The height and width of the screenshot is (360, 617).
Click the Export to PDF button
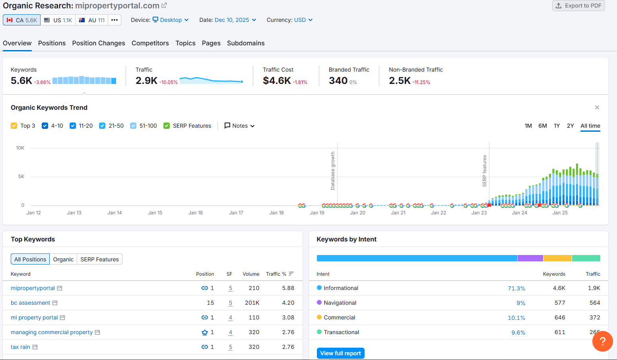point(578,6)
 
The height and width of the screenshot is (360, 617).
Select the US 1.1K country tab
point(58,20)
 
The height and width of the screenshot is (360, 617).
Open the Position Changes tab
point(99,43)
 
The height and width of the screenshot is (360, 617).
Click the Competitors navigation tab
point(150,43)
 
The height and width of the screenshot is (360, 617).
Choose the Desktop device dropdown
point(171,20)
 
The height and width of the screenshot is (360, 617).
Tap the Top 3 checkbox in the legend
point(14,126)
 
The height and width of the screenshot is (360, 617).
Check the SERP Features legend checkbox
point(167,126)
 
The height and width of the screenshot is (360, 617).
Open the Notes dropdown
point(240,126)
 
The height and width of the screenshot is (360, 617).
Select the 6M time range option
point(543,126)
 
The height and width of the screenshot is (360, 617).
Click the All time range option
point(590,126)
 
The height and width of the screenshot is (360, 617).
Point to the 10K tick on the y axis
point(20,148)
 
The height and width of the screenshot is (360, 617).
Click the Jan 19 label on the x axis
point(317,213)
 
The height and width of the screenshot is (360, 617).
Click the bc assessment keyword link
point(31,303)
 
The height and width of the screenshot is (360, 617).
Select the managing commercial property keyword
point(52,332)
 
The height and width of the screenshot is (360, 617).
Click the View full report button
point(341,353)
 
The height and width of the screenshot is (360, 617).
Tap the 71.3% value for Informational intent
point(516,288)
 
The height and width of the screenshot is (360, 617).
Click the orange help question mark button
point(603,341)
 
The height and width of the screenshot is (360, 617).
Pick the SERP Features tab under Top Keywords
point(100,259)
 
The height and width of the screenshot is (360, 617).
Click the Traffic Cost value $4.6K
point(277,81)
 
